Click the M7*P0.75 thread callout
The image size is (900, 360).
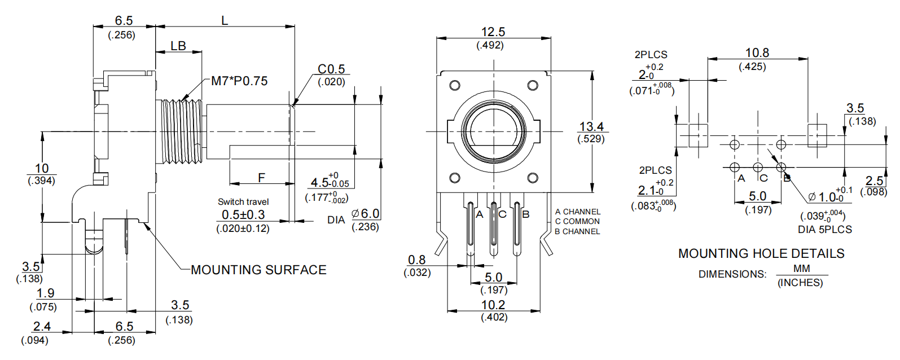(239, 81)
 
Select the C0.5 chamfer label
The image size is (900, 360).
(331, 69)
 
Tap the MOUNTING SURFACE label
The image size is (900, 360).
(258, 270)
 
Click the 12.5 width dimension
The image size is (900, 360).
(493, 32)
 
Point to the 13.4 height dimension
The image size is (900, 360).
(591, 127)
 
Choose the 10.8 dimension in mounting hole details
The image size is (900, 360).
(757, 53)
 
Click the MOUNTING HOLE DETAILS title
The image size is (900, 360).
(761, 253)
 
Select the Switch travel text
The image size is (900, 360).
(243, 201)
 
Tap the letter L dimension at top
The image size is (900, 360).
(225, 21)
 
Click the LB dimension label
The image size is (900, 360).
(178, 46)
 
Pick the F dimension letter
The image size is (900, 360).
(261, 178)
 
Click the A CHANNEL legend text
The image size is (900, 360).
(578, 212)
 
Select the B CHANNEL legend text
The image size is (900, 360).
(577, 231)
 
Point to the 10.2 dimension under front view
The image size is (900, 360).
(493, 305)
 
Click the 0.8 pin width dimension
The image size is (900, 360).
(416, 260)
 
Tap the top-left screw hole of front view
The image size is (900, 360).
(455, 86)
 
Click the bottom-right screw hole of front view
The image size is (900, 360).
(533, 178)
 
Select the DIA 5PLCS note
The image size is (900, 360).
(824, 230)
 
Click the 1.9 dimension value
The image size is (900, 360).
(45, 293)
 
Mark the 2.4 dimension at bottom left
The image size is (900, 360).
(42, 326)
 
